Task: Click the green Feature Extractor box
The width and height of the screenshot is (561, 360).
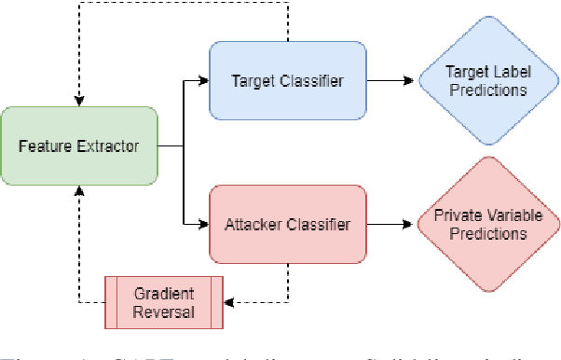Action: click(x=79, y=146)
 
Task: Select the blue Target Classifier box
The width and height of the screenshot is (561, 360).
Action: click(x=287, y=80)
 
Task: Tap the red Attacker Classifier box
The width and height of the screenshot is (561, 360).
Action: click(x=287, y=225)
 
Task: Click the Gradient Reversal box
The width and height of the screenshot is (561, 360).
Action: click(x=164, y=302)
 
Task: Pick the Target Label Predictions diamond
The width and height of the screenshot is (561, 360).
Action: click(x=486, y=80)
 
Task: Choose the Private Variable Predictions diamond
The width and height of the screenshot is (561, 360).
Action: click(x=486, y=225)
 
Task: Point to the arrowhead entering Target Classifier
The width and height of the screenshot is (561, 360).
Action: click(x=204, y=80)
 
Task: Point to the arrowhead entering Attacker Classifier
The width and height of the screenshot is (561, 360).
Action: click(x=204, y=225)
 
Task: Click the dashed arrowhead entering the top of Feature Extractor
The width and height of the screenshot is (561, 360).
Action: click(x=79, y=101)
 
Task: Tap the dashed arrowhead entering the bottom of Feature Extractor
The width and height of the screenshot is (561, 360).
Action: click(x=79, y=192)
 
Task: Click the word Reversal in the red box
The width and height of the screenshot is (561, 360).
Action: click(x=164, y=312)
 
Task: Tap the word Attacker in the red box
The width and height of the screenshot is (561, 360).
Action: click(x=253, y=225)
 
